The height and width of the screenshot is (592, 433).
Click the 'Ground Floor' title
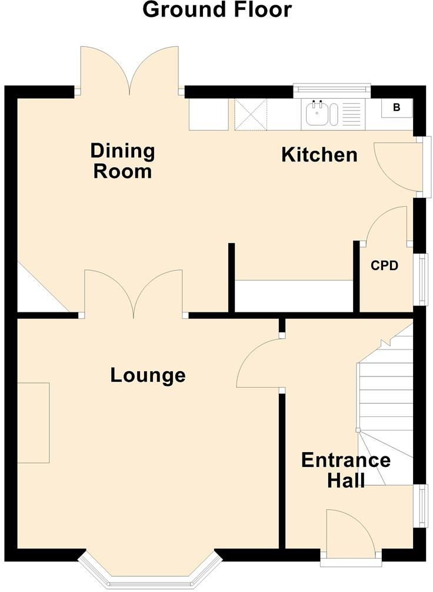click(x=216, y=9)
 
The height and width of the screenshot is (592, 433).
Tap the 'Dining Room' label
click(x=122, y=161)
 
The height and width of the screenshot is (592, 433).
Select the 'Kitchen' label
click(x=319, y=155)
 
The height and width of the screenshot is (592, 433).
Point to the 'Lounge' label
click(x=148, y=375)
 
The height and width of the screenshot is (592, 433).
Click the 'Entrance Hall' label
click(x=346, y=470)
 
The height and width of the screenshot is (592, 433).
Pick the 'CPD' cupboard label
click(x=384, y=265)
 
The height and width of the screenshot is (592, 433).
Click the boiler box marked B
click(x=397, y=107)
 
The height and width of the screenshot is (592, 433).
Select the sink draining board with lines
click(x=351, y=113)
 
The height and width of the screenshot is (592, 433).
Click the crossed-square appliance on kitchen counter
click(x=251, y=115)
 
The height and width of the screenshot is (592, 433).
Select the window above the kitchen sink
click(x=332, y=89)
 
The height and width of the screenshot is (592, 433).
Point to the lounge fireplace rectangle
click(x=34, y=423)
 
